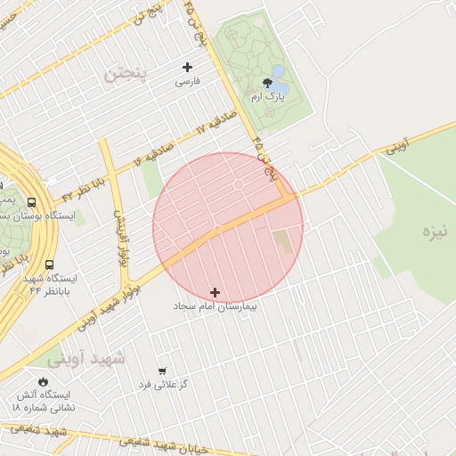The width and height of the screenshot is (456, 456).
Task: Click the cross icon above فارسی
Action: (187, 67)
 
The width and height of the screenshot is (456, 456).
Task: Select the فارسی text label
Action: (187, 81)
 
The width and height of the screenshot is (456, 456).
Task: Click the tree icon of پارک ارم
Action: (268, 85)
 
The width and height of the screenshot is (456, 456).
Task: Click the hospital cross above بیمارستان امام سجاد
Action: (215, 292)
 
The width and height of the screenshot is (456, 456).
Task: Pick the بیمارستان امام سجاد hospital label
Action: (215, 306)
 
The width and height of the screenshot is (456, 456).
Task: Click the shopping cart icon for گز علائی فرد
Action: (161, 370)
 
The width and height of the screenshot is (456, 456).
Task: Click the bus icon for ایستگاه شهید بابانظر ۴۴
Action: (48, 265)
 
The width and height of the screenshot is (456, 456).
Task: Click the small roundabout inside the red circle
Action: (239, 184)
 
